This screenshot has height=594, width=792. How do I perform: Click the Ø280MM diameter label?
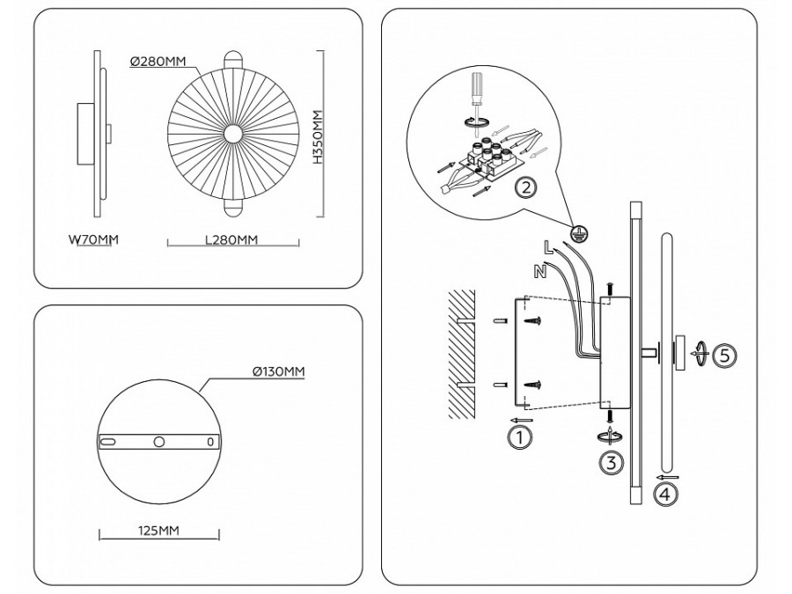[158, 62]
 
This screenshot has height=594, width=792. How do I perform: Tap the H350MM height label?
[317, 137]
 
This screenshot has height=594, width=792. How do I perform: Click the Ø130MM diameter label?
[278, 371]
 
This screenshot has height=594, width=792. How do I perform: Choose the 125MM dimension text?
[158, 531]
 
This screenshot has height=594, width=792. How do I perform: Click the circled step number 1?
[519, 436]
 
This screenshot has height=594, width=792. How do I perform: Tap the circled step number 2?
[526, 188]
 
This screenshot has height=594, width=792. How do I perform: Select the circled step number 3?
[612, 462]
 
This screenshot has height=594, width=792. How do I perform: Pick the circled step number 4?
[665, 494]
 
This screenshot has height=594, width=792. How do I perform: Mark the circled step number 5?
[724, 356]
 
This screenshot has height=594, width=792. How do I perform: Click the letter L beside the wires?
[547, 246]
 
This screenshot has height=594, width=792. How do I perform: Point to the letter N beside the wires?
[540, 272]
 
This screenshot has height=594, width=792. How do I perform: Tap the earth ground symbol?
[579, 233]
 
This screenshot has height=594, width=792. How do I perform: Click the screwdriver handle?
[476, 87]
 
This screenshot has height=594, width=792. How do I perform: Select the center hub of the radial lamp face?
[233, 134]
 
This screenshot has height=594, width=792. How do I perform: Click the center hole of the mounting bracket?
[159, 442]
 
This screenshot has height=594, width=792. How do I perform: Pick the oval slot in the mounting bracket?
[108, 442]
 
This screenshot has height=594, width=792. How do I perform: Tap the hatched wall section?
[462, 354]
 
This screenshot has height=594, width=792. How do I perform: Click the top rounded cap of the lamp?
[233, 57]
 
